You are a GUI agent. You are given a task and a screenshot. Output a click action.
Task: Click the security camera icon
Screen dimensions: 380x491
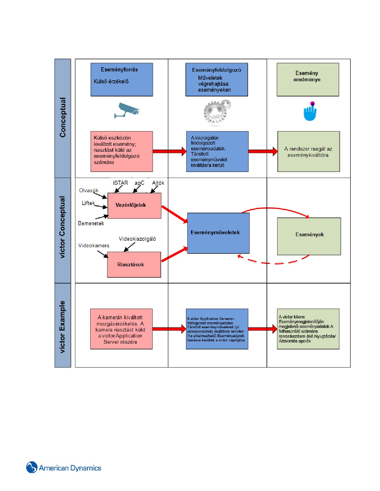[x=127, y=110]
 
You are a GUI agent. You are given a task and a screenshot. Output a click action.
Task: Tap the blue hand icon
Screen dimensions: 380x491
[x=310, y=111]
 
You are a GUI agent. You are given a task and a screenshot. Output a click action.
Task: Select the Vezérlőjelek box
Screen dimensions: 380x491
[x=134, y=206]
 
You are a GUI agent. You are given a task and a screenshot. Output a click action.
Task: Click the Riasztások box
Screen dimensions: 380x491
[x=134, y=265]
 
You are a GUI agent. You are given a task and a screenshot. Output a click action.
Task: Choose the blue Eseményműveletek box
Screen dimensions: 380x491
[x=218, y=233]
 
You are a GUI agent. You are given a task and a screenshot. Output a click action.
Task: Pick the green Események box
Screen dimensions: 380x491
[x=309, y=236]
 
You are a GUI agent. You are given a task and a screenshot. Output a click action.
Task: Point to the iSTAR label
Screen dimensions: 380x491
[x=120, y=183]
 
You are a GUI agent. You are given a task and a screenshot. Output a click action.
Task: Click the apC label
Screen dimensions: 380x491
[x=139, y=183]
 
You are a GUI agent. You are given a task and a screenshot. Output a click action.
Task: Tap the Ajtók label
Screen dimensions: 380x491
[x=158, y=183]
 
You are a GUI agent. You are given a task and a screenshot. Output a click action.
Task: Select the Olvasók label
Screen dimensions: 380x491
[x=89, y=190]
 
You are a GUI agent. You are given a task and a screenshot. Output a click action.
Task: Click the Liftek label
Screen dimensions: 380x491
[x=88, y=203]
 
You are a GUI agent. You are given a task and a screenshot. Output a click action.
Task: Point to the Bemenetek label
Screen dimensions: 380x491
[x=91, y=223]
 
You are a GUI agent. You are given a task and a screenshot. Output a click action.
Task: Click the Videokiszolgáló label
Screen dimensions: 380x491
[x=137, y=239]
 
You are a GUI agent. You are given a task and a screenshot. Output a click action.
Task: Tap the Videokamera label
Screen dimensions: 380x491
[x=94, y=245]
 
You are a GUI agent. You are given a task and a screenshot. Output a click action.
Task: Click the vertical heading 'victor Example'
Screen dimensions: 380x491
[x=62, y=327]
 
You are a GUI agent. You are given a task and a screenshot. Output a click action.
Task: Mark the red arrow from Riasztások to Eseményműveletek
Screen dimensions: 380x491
[x=174, y=255]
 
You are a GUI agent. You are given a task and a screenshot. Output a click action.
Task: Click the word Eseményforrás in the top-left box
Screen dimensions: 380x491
[x=119, y=70]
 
